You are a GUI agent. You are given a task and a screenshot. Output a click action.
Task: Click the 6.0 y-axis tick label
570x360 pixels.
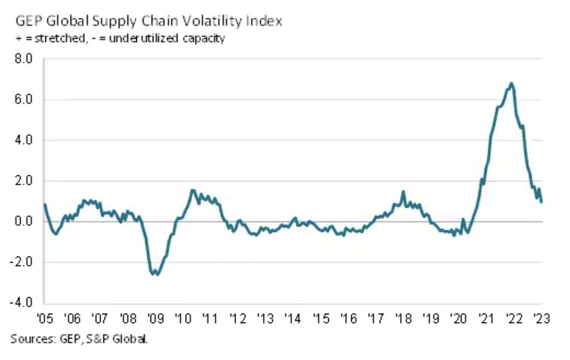(25, 100)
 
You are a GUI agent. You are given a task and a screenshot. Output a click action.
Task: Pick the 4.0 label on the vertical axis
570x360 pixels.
(25, 140)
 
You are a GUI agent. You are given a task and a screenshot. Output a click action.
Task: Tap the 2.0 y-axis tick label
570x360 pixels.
(25, 181)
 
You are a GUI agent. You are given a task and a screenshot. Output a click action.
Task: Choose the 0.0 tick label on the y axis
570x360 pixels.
(25, 222)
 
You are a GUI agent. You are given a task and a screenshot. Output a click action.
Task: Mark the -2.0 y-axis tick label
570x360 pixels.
(23, 262)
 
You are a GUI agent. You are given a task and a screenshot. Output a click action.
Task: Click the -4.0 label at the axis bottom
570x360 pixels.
(23, 303)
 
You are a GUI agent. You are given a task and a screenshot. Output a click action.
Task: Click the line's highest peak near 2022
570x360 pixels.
(511, 83)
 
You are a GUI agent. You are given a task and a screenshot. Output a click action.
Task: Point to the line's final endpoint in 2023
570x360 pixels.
(542, 202)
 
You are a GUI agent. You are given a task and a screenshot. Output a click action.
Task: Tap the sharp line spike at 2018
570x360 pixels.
(403, 192)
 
